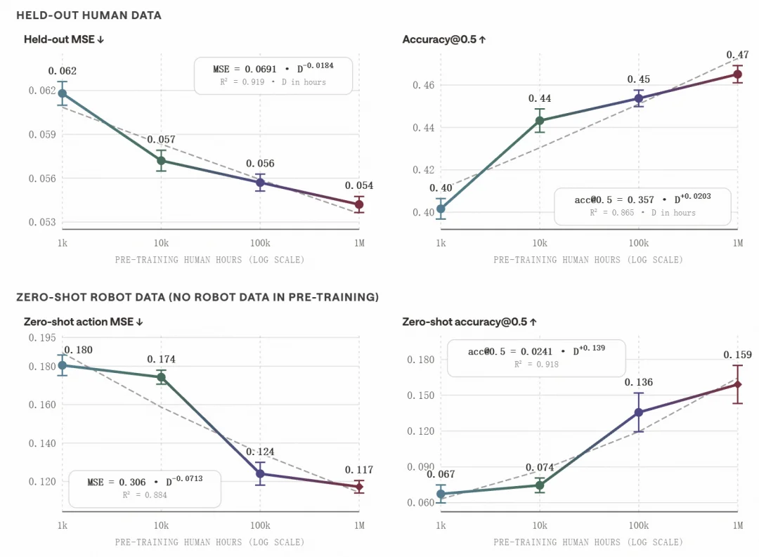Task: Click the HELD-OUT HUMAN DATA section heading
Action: pos(89,15)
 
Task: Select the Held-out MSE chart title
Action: pos(64,39)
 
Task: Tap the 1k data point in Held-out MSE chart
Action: pos(63,93)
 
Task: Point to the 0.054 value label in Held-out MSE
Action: pos(358,185)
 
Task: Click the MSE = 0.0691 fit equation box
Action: pos(273,75)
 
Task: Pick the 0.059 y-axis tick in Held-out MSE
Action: pos(42,134)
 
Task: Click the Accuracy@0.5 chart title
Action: pos(444,39)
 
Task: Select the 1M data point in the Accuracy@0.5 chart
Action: pos(738,74)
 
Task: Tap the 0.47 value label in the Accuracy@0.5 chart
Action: pos(737,55)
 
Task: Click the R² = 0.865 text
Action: pos(611,212)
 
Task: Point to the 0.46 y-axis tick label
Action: pos(424,85)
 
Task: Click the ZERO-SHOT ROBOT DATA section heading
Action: pos(197,297)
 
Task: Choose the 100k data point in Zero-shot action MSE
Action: pos(260,473)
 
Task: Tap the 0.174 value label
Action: pos(161,359)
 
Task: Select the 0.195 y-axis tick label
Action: pos(42,337)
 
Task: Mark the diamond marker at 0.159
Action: pos(738,384)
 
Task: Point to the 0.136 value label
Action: pos(638,382)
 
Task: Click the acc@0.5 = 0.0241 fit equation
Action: pos(536,351)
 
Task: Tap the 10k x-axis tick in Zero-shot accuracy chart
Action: pos(540,525)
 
